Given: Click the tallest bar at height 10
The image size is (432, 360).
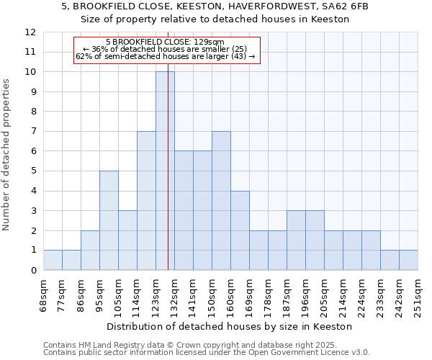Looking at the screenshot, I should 165,171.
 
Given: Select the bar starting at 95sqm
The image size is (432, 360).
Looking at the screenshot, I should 109,220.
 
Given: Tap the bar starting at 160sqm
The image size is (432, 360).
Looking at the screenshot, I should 240,230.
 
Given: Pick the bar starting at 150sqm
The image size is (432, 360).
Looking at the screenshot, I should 221,200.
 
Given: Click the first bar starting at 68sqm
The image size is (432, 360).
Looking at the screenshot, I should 53,260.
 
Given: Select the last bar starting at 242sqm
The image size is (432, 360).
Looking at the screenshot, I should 408,260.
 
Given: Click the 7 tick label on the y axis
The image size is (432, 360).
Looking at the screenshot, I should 33,132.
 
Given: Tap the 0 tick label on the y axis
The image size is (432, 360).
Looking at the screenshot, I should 33,271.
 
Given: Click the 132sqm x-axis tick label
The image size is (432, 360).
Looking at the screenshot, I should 174,294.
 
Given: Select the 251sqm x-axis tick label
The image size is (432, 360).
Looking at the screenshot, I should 418,294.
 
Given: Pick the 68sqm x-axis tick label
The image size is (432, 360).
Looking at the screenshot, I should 43,292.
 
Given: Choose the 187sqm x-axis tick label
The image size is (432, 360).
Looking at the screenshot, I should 287,294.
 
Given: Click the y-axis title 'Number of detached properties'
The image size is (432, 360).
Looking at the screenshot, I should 7,155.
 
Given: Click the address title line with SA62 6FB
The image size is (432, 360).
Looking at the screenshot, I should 215,6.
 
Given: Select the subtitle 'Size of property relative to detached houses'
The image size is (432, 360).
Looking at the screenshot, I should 215,19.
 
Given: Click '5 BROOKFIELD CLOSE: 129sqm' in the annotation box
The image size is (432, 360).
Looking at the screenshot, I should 165,42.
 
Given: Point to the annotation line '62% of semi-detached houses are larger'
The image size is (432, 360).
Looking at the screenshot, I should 165,56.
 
